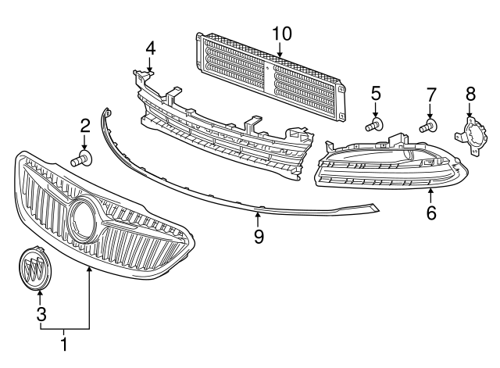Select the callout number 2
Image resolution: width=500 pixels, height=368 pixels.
[x=85, y=125]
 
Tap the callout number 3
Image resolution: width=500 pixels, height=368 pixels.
[x=40, y=314]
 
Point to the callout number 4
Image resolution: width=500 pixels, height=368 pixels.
[x=150, y=48]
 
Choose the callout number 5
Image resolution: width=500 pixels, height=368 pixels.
[x=376, y=94]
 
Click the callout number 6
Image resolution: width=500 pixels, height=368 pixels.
[x=431, y=212]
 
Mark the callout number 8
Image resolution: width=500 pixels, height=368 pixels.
[x=470, y=94]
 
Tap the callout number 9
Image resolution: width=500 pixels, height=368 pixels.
[x=257, y=234]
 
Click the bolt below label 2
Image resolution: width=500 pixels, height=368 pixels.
[x=81, y=160]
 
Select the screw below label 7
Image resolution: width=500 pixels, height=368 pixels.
[x=429, y=124]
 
